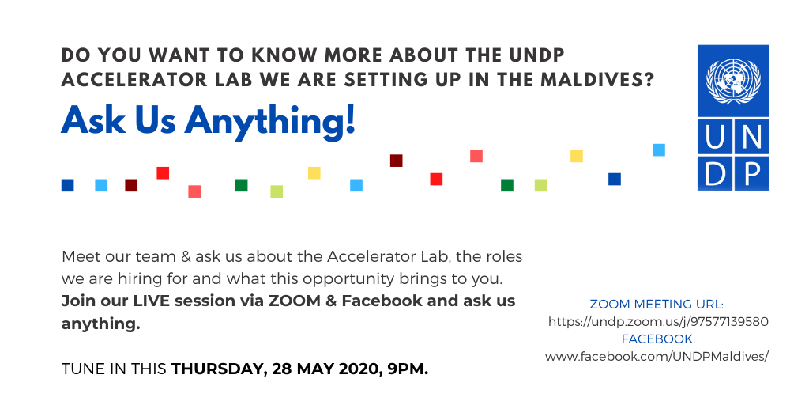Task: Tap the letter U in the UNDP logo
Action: [714, 137]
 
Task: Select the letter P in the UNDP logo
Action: [752, 173]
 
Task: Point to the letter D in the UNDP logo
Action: [714, 173]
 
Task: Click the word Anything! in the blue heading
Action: [270, 121]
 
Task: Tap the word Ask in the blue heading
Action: [93, 120]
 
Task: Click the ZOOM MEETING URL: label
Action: [657, 304]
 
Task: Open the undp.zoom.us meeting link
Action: [658, 322]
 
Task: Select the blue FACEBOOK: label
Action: [658, 339]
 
